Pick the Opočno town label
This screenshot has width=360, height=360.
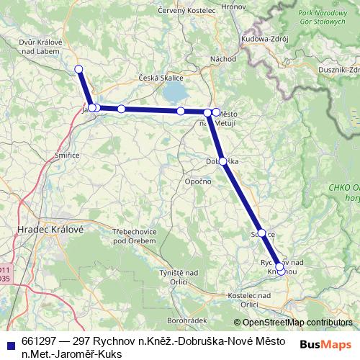[x=197, y=181]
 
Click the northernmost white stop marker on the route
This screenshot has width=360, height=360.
[x=79, y=69]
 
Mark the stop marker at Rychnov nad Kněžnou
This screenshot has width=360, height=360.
[x=280, y=268]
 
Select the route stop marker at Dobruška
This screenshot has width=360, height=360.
[x=223, y=161]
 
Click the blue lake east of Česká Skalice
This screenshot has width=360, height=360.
[x=174, y=91]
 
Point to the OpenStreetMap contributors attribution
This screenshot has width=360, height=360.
[x=292, y=323]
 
